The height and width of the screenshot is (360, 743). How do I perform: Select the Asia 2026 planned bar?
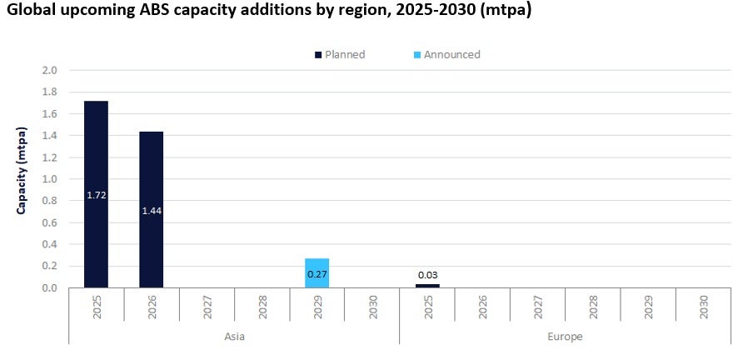(x=151, y=175)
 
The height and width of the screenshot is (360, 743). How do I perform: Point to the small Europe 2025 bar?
(x=426, y=286)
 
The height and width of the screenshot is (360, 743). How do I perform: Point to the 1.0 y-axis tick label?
(x=49, y=179)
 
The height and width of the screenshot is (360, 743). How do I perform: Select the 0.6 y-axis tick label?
(x=49, y=222)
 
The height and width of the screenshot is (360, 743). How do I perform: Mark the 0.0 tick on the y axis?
(x=49, y=288)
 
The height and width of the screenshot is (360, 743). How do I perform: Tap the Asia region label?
(x=234, y=337)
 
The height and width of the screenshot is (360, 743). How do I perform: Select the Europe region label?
(x=566, y=337)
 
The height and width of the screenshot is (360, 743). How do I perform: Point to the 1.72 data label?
(x=96, y=195)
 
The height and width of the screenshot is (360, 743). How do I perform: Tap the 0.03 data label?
(x=427, y=275)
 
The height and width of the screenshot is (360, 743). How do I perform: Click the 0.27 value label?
(x=317, y=273)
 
